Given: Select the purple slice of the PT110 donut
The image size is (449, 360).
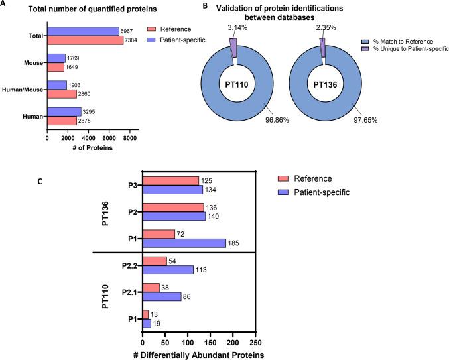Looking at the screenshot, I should pyautogui.click(x=233, y=43).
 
